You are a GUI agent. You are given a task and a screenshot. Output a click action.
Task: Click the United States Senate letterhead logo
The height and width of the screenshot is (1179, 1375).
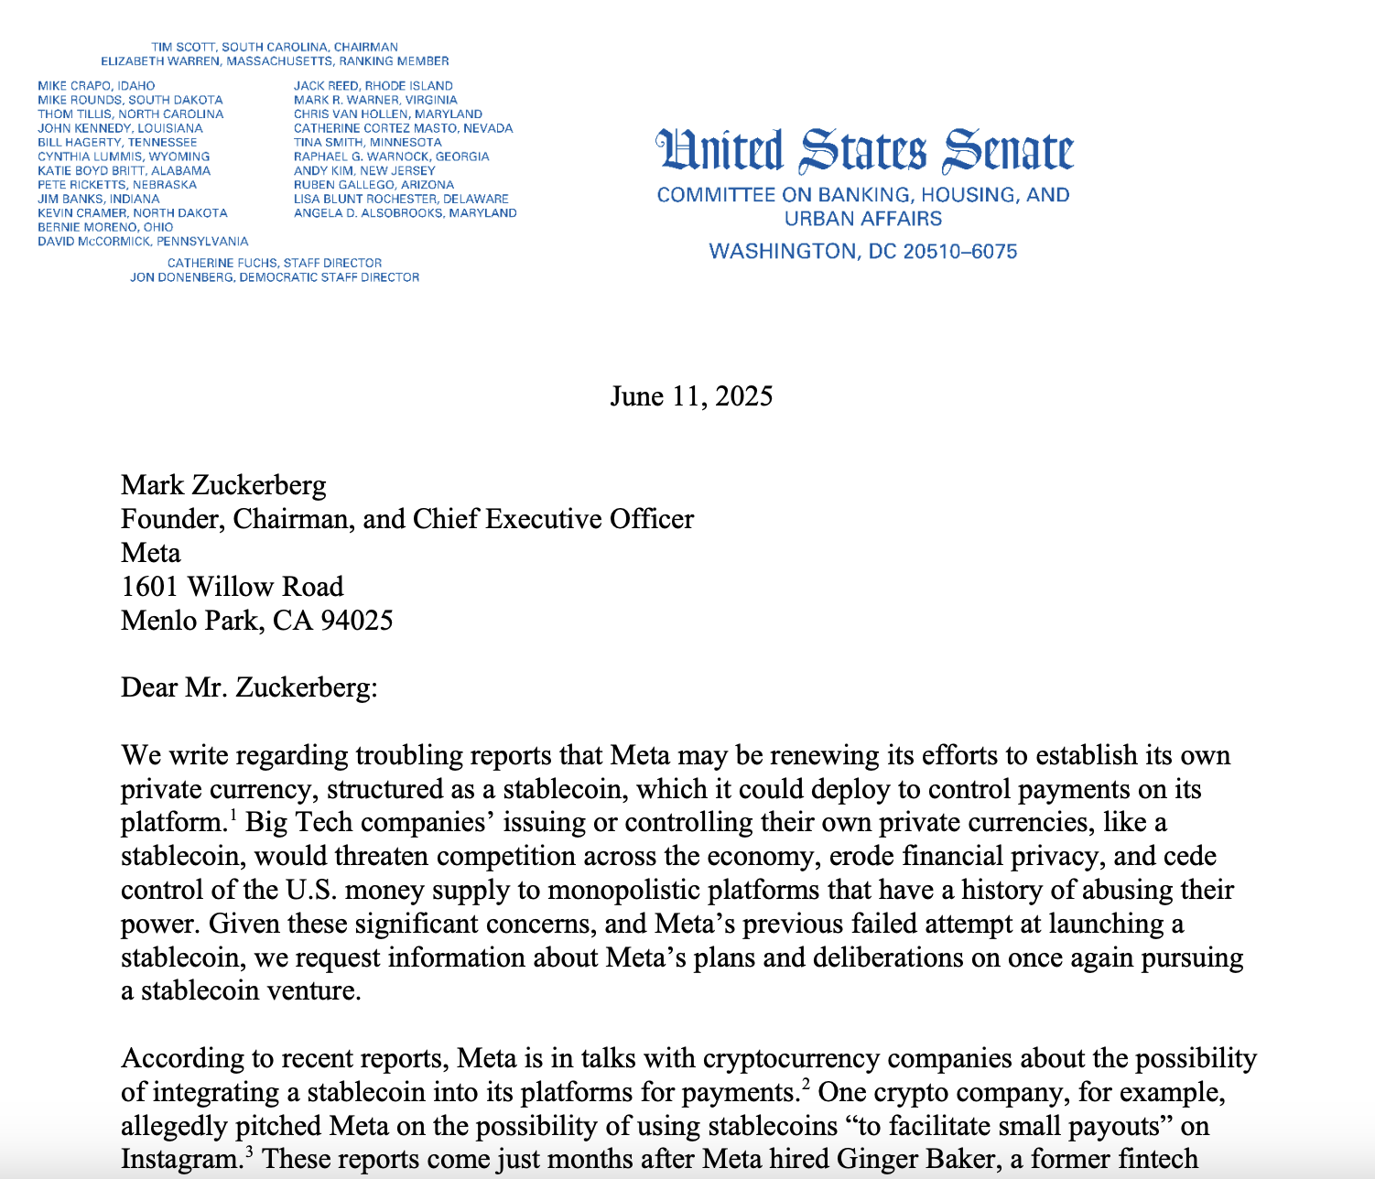pos(863,152)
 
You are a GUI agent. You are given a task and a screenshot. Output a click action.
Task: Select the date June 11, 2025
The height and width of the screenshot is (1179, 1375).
pos(691,396)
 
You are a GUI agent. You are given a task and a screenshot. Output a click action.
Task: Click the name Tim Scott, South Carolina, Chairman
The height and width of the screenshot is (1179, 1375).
pos(275,47)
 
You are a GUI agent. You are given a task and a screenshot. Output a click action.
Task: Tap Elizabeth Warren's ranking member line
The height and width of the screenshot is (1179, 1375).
pos(275,61)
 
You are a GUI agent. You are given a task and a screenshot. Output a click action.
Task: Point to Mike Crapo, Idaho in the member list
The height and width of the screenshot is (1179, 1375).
pos(96,86)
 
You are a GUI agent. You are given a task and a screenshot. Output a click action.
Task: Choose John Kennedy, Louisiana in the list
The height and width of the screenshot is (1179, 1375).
pos(120,128)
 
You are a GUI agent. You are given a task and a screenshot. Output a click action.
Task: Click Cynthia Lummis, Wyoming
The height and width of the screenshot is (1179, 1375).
pos(124,157)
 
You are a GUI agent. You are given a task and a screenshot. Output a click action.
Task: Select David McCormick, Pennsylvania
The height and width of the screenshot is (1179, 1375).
pos(143,242)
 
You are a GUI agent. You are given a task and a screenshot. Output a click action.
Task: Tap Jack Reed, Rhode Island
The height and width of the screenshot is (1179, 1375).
pos(373,86)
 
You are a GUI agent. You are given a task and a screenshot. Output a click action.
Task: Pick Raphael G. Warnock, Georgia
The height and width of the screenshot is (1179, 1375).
pos(391,157)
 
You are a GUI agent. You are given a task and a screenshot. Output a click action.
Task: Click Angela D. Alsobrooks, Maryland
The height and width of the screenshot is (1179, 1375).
pos(405,213)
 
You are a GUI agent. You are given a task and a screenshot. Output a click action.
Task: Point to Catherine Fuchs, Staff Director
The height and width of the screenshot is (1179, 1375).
pos(275,263)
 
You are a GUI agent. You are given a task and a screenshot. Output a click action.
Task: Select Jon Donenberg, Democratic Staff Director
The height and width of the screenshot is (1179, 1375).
pos(275,277)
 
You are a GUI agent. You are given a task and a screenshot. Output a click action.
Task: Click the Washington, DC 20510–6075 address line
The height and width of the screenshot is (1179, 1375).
pos(863,252)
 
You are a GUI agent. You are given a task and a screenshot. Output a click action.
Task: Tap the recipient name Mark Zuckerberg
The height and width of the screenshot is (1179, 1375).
pos(223,485)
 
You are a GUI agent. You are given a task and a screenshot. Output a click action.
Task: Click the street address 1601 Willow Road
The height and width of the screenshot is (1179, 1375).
pos(233,587)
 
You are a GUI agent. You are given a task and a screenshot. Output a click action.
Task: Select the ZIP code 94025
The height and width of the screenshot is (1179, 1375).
pos(356,621)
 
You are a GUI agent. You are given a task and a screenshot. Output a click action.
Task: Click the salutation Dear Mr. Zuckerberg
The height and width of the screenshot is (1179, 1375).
pos(249,687)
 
